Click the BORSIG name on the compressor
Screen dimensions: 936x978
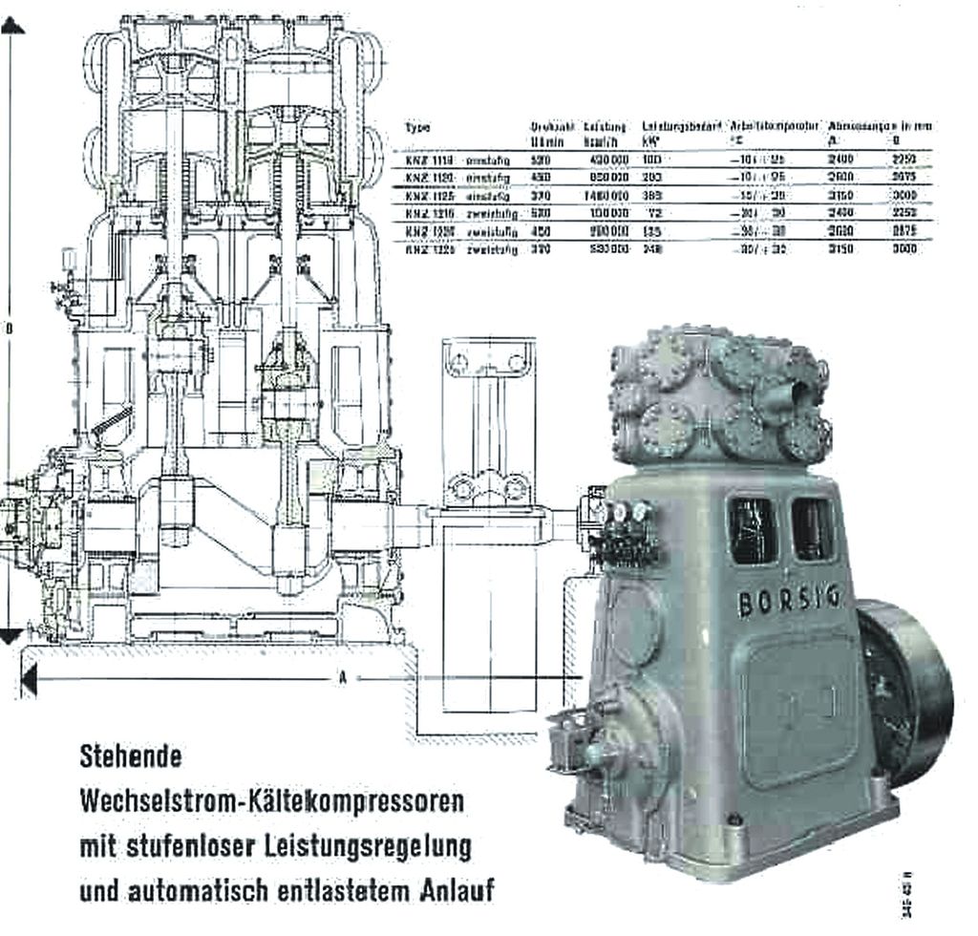tap(789, 600)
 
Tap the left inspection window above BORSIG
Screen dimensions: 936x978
tap(753, 528)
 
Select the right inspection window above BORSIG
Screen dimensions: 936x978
tap(812, 528)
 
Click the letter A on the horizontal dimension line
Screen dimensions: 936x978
tap(341, 679)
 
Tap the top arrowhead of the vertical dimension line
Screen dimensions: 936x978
tap(12, 26)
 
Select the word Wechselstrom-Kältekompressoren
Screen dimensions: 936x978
tap(272, 800)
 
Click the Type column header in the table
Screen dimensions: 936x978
tap(417, 126)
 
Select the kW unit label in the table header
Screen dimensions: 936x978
tap(649, 141)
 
